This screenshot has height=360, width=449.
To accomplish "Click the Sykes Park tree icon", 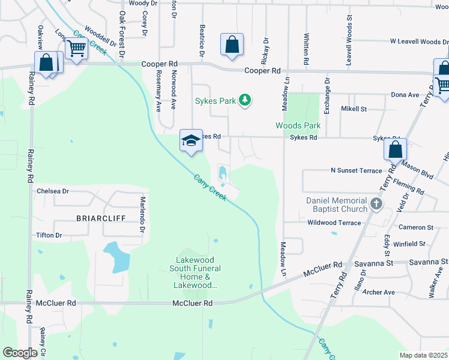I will tap(244, 100).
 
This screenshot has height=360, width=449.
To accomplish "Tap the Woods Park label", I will tap(298, 125).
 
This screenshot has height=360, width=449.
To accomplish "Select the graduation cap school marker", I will tap(191, 141).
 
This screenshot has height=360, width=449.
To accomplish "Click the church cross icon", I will tap(376, 204).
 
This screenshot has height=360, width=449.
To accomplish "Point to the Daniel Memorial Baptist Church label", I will tap(336, 205).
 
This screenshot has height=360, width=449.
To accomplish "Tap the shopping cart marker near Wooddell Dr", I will tap(76, 49).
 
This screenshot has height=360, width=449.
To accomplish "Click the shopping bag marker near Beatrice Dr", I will tap(232, 45).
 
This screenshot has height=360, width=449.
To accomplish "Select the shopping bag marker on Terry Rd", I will tap(396, 150).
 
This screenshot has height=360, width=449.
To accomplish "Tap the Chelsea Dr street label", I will tap(53, 191).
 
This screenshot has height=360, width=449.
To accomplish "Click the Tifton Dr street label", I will tap(49, 235).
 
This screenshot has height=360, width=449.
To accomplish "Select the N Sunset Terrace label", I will tap(356, 170).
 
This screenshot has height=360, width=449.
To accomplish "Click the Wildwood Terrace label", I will tap(334, 223).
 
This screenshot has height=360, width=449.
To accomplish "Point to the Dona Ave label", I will tap(405, 95).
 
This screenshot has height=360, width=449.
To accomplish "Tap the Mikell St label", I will tap(354, 109).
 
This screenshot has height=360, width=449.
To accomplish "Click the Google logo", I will tap(20, 353).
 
